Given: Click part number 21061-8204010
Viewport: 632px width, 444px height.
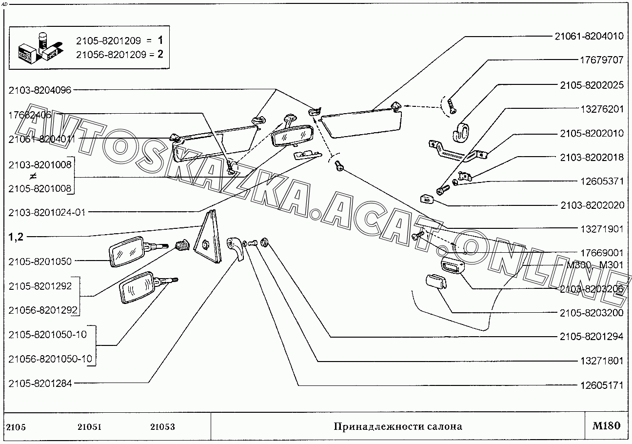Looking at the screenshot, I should [x=589, y=36].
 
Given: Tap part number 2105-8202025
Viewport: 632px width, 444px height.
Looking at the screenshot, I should [x=592, y=84].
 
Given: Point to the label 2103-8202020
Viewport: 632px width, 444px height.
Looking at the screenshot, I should [x=592, y=205].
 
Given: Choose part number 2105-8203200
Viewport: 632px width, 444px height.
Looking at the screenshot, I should [x=592, y=313].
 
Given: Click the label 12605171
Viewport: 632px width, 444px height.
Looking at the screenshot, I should [x=601, y=385].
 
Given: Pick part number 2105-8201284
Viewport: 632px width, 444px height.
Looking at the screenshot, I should [x=40, y=383].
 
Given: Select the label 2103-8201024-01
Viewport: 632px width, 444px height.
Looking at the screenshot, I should [x=46, y=212].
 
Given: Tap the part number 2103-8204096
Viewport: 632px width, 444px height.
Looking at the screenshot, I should [x=40, y=90].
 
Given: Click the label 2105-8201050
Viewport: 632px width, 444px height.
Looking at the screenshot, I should [x=40, y=262].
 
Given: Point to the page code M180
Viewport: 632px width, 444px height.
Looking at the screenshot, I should [x=606, y=426].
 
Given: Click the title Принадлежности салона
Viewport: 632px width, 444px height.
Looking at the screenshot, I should [x=397, y=426].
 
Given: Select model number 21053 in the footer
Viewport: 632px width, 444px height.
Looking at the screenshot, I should [x=162, y=427].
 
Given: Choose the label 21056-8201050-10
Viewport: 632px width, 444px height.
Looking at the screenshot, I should [x=50, y=359].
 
